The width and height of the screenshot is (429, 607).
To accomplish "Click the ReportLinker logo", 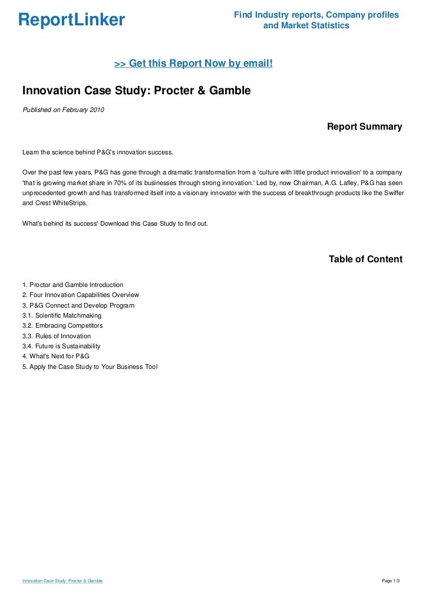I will pos(72,20).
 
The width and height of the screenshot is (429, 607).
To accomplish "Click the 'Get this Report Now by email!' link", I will pos(193,63).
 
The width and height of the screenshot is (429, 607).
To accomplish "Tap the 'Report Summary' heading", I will pos(364,127).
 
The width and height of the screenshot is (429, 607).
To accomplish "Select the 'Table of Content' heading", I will pos(365,259).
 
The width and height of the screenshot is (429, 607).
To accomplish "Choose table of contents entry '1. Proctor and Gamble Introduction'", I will pos(72,285).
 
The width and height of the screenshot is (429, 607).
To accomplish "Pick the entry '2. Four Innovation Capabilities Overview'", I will pos(80,295).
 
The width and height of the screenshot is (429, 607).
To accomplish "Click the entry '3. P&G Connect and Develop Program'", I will pos(78,305).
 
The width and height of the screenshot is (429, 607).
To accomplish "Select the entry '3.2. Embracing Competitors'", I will pos(62,325).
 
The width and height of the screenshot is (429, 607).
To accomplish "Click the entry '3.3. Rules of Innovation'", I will pos(57,336).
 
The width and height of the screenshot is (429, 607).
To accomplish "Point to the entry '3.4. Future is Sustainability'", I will pos(61,346).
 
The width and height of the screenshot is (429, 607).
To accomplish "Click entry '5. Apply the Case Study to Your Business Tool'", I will pos(90,367).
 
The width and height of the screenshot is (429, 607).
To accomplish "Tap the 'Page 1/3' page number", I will pos(391,581).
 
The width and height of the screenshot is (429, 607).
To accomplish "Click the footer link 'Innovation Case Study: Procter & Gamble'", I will pos(62,581).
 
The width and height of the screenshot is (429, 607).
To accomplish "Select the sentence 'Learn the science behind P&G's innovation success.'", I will pos(98,153).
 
